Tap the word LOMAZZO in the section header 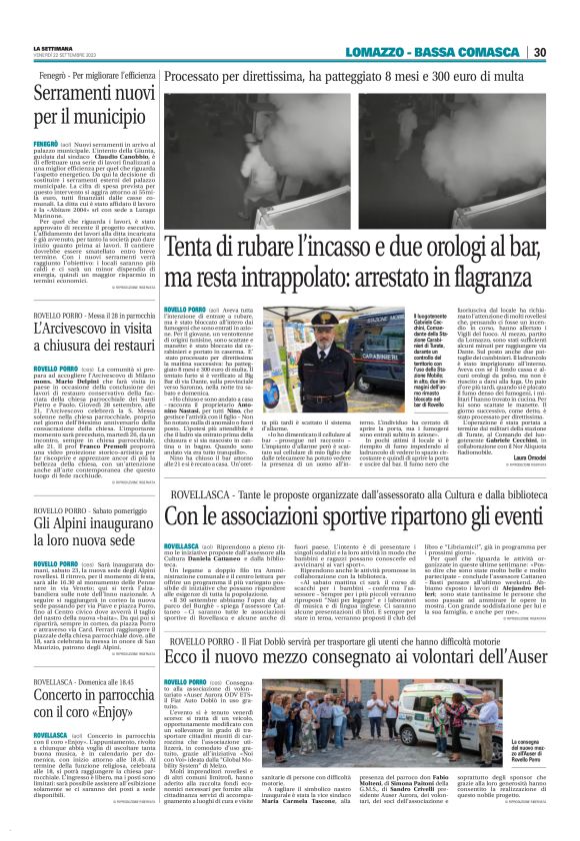380,52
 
